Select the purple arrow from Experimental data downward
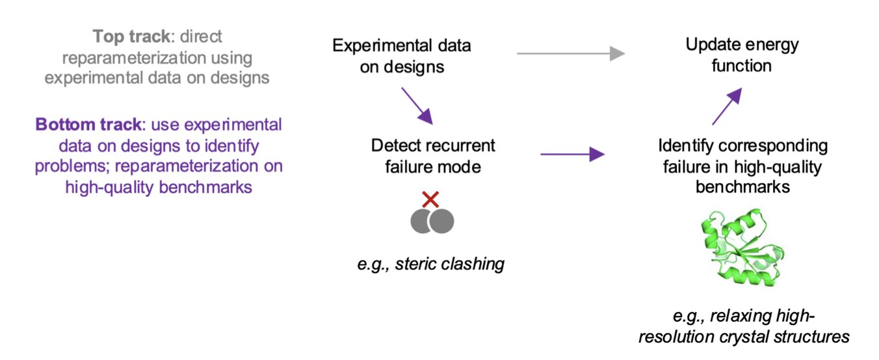(x=416, y=106)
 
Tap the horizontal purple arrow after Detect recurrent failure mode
(x=572, y=155)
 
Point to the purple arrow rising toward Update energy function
(x=727, y=107)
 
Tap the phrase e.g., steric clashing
(x=430, y=264)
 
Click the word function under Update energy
(x=743, y=66)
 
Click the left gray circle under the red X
(x=423, y=221)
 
